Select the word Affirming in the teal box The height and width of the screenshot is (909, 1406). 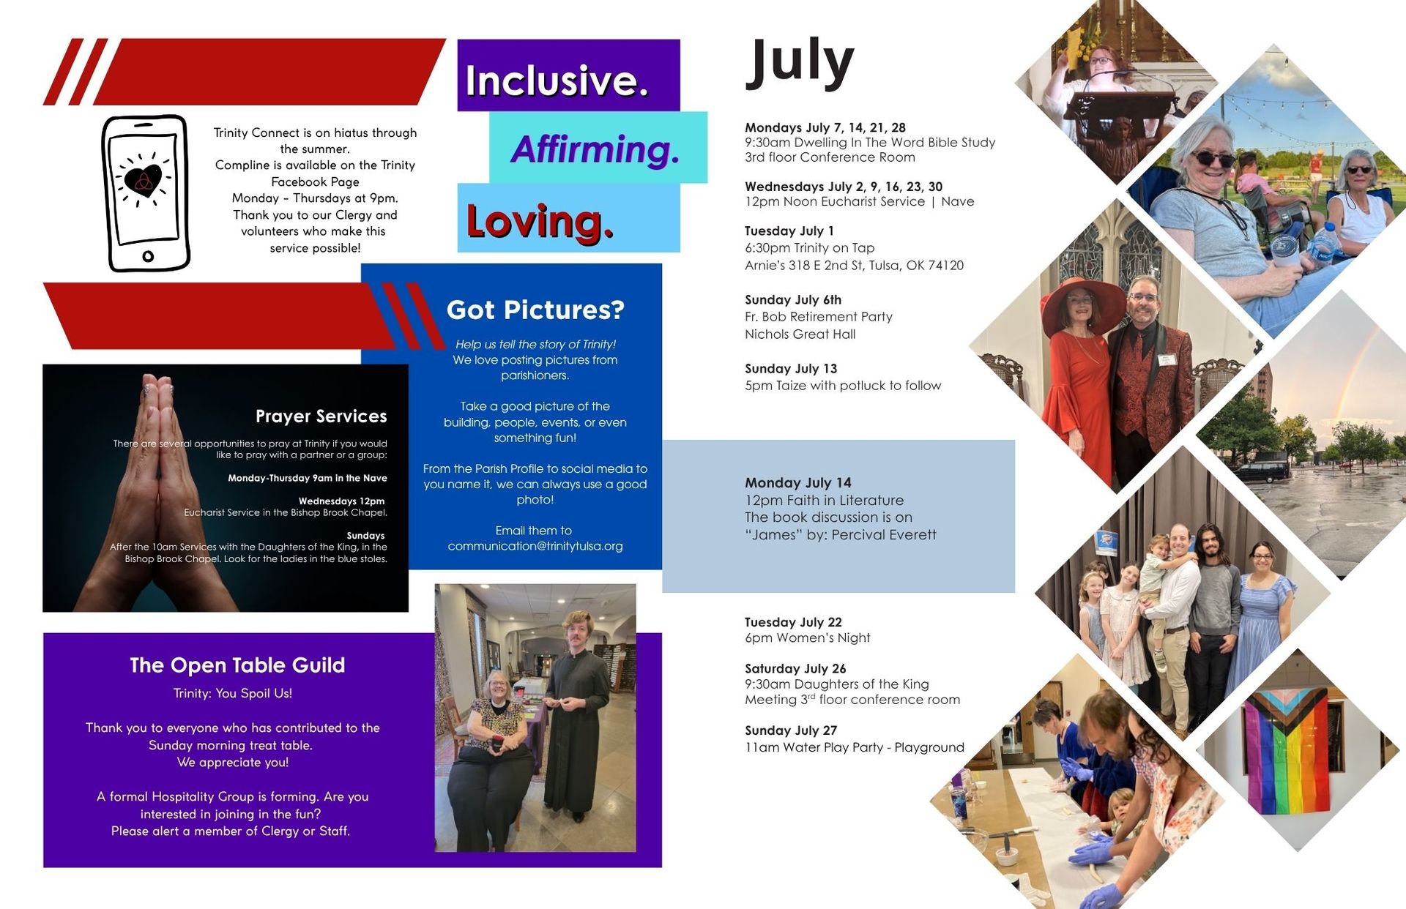pyautogui.click(x=595, y=149)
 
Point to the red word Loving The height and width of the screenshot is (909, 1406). pyautogui.click(x=540, y=221)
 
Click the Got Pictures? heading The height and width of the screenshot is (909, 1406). pyautogui.click(x=535, y=310)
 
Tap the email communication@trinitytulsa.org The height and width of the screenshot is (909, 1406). pyautogui.click(x=535, y=546)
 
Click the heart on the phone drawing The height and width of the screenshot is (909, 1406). pyautogui.click(x=143, y=181)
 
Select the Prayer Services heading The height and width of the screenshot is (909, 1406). pyautogui.click(x=321, y=416)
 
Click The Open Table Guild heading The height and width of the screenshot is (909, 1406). pyautogui.click(x=237, y=665)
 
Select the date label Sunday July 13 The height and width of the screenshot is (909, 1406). pyautogui.click(x=791, y=368)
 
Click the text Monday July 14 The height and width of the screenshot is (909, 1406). pyautogui.click(x=798, y=482)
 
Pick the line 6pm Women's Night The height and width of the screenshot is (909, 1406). pyautogui.click(x=807, y=637)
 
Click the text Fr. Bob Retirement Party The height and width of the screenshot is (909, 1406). pyautogui.click(x=819, y=317)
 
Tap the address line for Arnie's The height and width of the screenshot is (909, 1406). pyautogui.click(x=854, y=265)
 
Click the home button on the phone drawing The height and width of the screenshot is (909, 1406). pyautogui.click(x=148, y=256)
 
